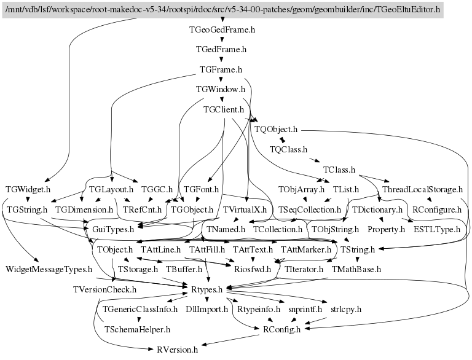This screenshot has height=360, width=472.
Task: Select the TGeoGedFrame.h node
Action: point(222,29)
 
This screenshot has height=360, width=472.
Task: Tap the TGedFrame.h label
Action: point(221,50)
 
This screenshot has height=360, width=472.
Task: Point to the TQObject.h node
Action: point(275,130)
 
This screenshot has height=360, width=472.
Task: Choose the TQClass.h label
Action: point(288,149)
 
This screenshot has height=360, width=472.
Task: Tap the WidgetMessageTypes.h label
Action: point(49,269)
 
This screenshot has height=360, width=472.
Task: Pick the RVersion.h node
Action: point(177,349)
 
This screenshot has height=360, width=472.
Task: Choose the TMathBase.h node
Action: point(356,269)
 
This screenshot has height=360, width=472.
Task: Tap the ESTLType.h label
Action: point(437,229)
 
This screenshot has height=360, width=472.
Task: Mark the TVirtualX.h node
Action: point(245,209)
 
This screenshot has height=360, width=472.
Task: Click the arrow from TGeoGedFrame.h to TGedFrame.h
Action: point(222,40)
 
